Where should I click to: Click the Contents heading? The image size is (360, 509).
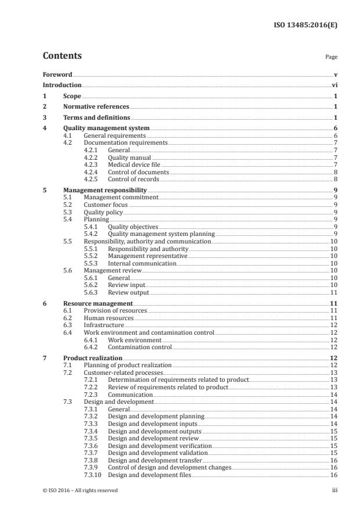coord(62,56)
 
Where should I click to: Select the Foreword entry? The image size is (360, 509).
coord(57,75)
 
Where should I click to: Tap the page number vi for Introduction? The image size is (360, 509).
coord(334,85)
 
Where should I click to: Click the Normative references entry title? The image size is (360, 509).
coord(96,107)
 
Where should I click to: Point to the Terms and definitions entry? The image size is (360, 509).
coord(96,117)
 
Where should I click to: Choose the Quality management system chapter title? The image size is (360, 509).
coord(106,128)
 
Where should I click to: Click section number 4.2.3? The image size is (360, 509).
coord(92,164)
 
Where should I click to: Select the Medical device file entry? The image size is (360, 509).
coord(134,164)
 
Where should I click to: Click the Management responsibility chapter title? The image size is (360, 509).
coord(105,190)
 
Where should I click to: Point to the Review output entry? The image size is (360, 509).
coord(128,292)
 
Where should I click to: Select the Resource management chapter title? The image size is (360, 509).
coord(98,303)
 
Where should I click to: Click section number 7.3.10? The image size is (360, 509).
coord(93,475)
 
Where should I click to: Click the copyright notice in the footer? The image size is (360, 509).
coord(80,490)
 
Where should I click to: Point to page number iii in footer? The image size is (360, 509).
coord(334,490)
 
